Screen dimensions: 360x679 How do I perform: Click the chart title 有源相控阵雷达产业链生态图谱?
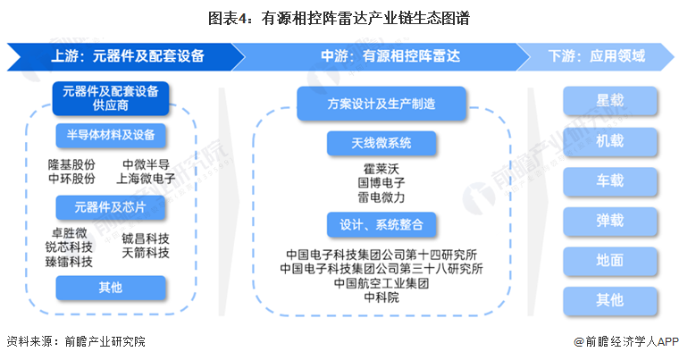(339, 17)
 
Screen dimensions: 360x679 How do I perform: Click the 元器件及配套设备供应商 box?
(111, 98)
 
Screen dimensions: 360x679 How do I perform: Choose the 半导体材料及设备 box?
(111, 135)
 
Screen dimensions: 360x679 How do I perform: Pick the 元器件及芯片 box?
(111, 208)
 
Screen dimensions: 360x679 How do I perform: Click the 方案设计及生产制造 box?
(381, 104)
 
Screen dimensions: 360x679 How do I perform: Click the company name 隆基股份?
(71, 164)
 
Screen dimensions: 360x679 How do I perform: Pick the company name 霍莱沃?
(381, 167)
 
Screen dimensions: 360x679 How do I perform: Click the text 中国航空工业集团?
(381, 283)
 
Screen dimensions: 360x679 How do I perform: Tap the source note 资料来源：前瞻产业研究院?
(76, 341)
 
